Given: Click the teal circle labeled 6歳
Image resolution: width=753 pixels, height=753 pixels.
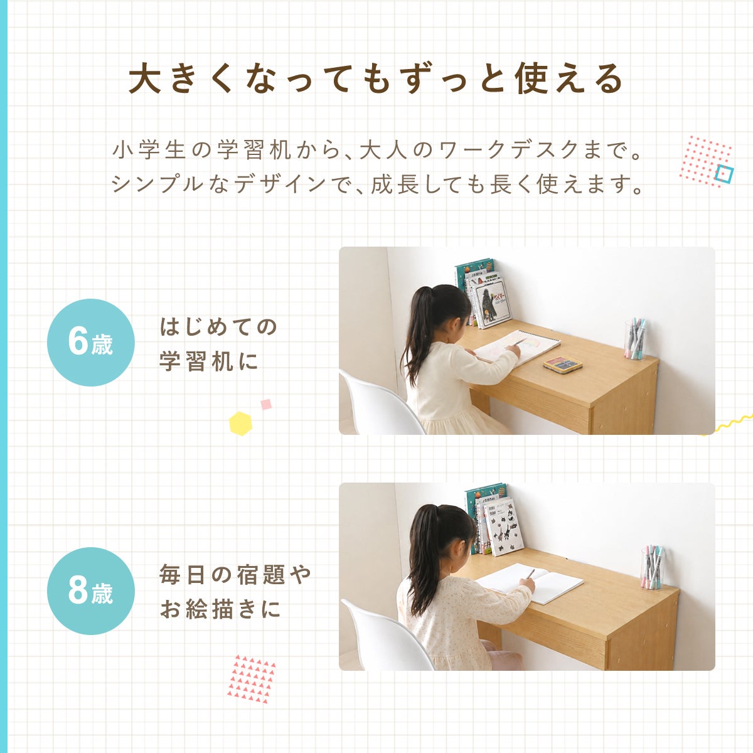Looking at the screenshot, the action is coord(90,343).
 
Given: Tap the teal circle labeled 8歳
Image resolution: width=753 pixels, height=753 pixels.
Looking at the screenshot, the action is coord(90,591).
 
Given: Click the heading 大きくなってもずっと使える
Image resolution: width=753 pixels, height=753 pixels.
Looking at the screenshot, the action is coord(375,79).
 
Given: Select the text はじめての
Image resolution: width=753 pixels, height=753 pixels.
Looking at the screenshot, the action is coord(218,327).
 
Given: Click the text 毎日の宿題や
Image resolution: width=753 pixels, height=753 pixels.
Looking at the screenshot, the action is coord(235,574).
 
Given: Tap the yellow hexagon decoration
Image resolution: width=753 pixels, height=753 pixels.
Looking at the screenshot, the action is coord(240,423).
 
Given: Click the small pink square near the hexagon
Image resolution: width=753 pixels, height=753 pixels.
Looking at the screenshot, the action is coord(266,404).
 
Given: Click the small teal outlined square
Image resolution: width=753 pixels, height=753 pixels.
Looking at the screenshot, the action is coord(724,174).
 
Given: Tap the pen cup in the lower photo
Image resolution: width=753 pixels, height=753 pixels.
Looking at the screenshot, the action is coord(652,568).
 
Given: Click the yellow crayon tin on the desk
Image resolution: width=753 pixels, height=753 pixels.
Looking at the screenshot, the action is coord(563,364).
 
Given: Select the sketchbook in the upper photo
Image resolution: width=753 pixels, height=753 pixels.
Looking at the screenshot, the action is coord(517,347).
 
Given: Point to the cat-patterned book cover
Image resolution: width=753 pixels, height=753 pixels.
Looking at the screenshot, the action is coord(505,526).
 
